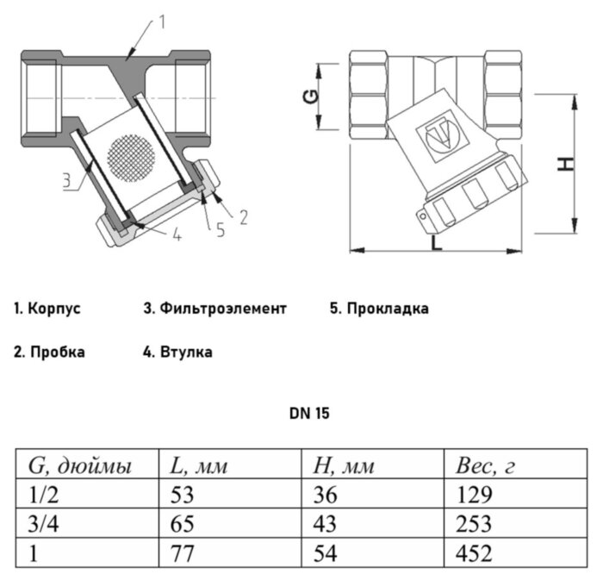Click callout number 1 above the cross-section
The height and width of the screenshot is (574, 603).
161,23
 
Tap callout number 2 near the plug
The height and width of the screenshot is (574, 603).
243,216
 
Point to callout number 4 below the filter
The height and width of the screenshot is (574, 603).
176,234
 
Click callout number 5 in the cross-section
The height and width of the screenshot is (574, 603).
220,228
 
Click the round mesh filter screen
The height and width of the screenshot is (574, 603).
130,157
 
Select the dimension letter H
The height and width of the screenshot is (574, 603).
564,163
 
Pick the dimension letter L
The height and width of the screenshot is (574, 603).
437,244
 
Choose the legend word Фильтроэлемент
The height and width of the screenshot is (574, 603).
221,308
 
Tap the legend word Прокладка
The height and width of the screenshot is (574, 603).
388,308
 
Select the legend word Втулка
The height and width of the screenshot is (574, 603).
185,352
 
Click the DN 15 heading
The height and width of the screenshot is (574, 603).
309,414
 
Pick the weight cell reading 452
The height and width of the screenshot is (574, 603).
474,552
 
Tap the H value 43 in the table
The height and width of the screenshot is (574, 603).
328,524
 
